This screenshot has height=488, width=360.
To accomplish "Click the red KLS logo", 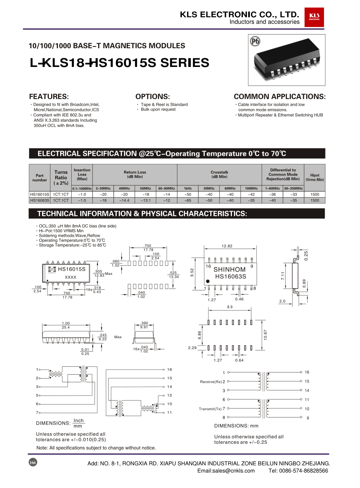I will click(314, 17).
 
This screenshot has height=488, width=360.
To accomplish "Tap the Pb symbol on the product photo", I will click(255, 41).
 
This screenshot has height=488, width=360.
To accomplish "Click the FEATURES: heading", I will click(49, 96).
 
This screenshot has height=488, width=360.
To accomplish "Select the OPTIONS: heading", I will click(153, 96).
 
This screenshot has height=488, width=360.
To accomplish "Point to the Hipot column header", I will click(315, 177).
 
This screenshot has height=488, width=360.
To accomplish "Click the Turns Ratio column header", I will click(61, 177).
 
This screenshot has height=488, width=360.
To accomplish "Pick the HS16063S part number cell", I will click(40, 200).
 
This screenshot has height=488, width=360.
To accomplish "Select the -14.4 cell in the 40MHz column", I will click(124, 200).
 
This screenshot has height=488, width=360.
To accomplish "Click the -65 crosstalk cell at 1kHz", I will click(188, 200).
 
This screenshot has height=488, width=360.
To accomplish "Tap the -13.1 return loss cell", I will click(145, 200).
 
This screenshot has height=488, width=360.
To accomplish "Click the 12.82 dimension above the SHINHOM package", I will click(227, 246).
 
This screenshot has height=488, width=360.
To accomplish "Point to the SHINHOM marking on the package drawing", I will click(229, 270).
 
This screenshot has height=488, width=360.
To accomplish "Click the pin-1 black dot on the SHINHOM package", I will click(208, 281).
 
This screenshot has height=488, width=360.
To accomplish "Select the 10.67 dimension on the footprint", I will click(265, 335).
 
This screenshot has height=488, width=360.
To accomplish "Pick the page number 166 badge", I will click(33, 462).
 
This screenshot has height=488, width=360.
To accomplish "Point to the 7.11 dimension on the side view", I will click(283, 276).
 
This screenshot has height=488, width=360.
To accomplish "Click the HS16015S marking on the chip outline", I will click(72, 269).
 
